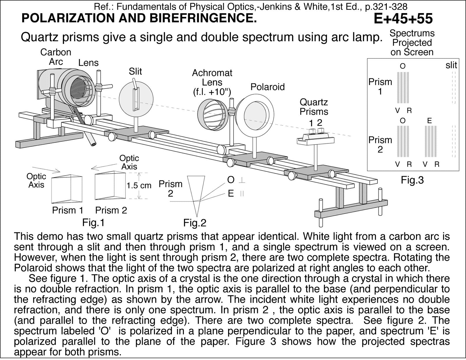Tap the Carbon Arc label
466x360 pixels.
[x=56, y=57]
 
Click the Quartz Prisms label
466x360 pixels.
[x=314, y=107]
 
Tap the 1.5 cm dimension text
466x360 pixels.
[x=139, y=186]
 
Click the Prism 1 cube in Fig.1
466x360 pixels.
[x=67, y=189]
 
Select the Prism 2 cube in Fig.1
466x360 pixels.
[x=110, y=186]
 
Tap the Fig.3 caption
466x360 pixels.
[x=412, y=180]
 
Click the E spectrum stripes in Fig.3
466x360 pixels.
[x=431, y=141]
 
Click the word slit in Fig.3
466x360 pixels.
[x=451, y=65]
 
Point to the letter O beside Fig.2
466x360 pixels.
[x=231, y=180]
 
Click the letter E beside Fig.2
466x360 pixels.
[x=231, y=194]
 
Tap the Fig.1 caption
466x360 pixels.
[x=93, y=223]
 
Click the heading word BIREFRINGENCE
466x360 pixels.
[x=203, y=18]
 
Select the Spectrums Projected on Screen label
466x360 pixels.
[x=412, y=43]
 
